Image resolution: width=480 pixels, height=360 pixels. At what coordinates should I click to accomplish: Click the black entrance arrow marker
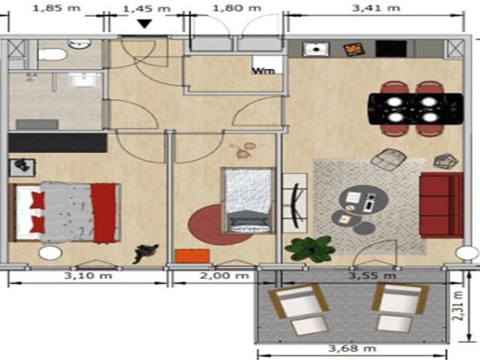point(145,24)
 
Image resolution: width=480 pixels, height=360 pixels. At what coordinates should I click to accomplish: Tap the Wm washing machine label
point(262,71)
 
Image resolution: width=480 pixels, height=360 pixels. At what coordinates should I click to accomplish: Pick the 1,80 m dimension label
point(237,8)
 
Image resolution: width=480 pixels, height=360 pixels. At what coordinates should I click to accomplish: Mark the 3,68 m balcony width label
point(352,348)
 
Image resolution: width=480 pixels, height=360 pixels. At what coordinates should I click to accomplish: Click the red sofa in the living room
point(440,204)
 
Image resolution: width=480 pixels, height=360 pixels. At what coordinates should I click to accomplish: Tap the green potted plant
point(310,248)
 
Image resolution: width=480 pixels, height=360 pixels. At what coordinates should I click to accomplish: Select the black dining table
point(415,109)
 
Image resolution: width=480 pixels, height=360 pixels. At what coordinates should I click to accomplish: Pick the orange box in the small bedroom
point(191,256)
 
